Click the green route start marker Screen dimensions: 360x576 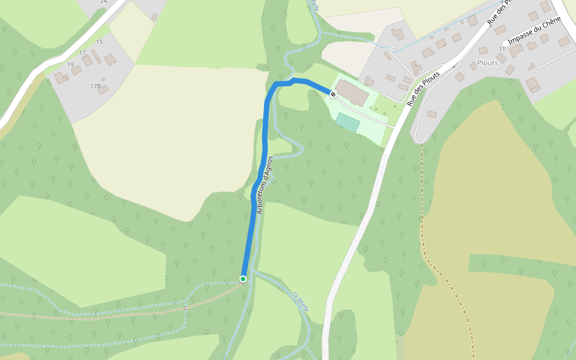tap(243, 279)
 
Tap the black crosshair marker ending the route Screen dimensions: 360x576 tap(332, 94)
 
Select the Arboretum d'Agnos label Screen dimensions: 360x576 tap(265, 185)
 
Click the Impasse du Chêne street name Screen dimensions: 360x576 tap(534, 31)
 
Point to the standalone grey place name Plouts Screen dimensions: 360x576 tap(487, 62)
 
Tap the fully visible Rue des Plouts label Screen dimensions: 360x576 tap(424, 89)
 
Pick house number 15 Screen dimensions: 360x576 tap(99, 41)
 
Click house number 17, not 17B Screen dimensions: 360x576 tap(82, 53)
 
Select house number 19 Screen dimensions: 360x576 tap(70, 65)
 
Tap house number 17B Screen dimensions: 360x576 tap(95, 86)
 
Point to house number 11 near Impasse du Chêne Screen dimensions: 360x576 tap(502, 49)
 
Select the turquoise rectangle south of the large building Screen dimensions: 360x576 tap(348, 122)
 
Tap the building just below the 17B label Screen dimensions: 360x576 tap(104, 90)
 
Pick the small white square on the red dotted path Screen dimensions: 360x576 tap(186, 308)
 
